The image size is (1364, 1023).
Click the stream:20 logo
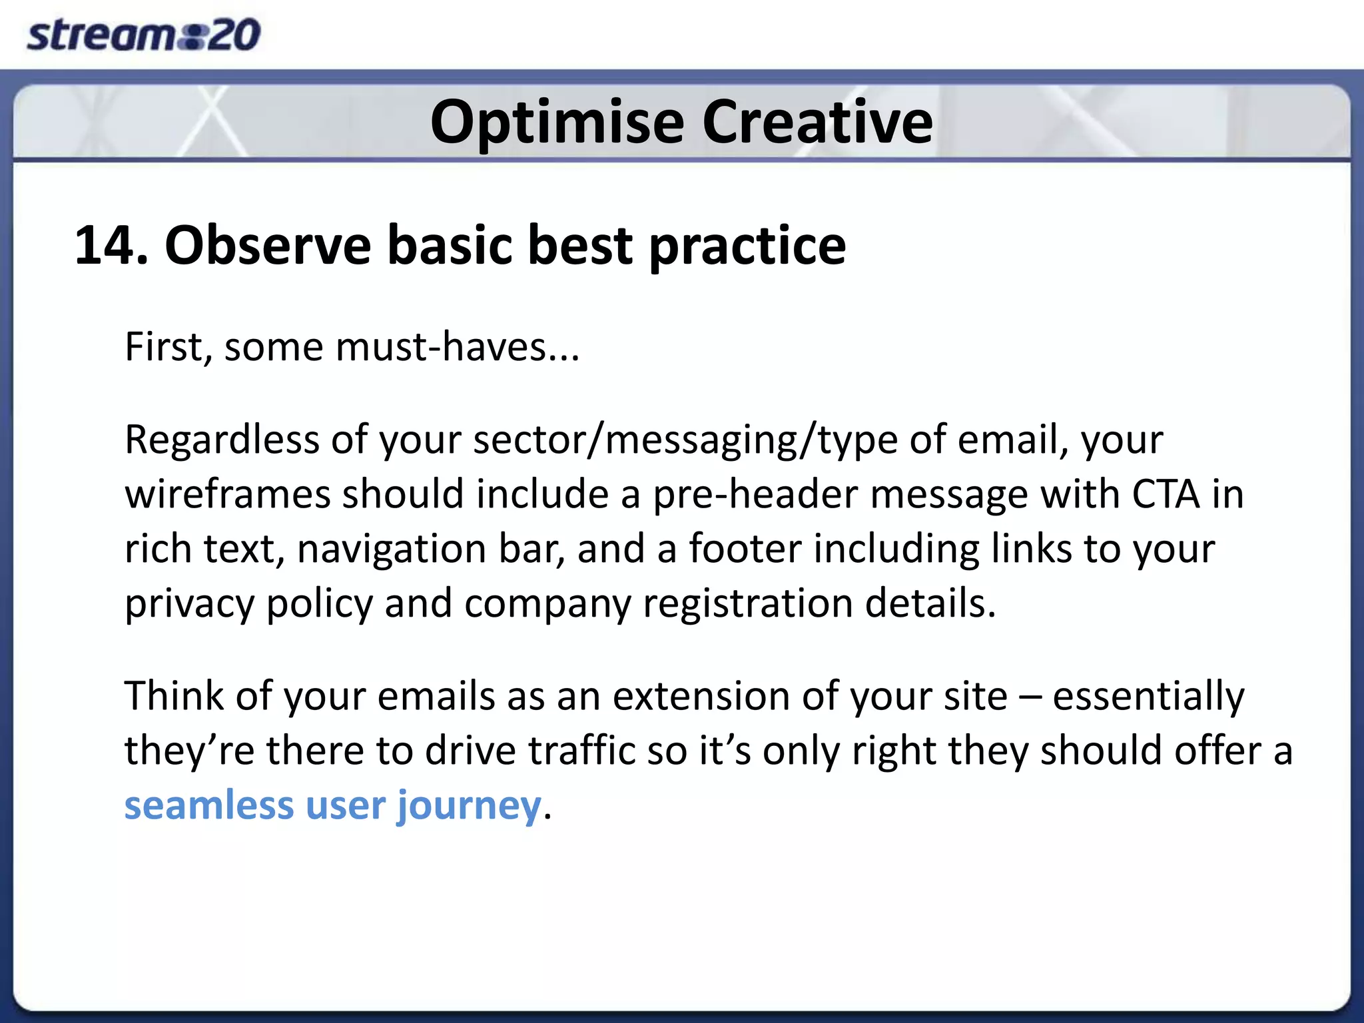click(143, 35)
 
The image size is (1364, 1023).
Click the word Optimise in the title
click(557, 122)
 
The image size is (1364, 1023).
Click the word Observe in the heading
click(267, 245)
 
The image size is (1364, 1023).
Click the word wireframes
click(228, 495)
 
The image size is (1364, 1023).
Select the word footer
click(745, 549)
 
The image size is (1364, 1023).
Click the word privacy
click(189, 604)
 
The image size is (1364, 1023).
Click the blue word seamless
click(208, 806)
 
